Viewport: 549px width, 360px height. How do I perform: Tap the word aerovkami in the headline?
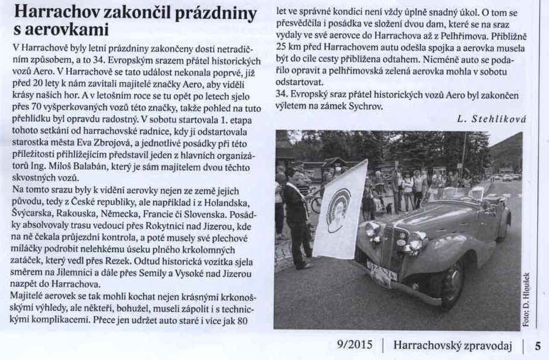tap(68, 29)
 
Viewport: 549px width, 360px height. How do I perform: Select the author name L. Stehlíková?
tap(492, 119)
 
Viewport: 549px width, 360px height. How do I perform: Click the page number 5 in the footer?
tap(537, 346)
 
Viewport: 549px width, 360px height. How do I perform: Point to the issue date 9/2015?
tap(354, 346)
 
